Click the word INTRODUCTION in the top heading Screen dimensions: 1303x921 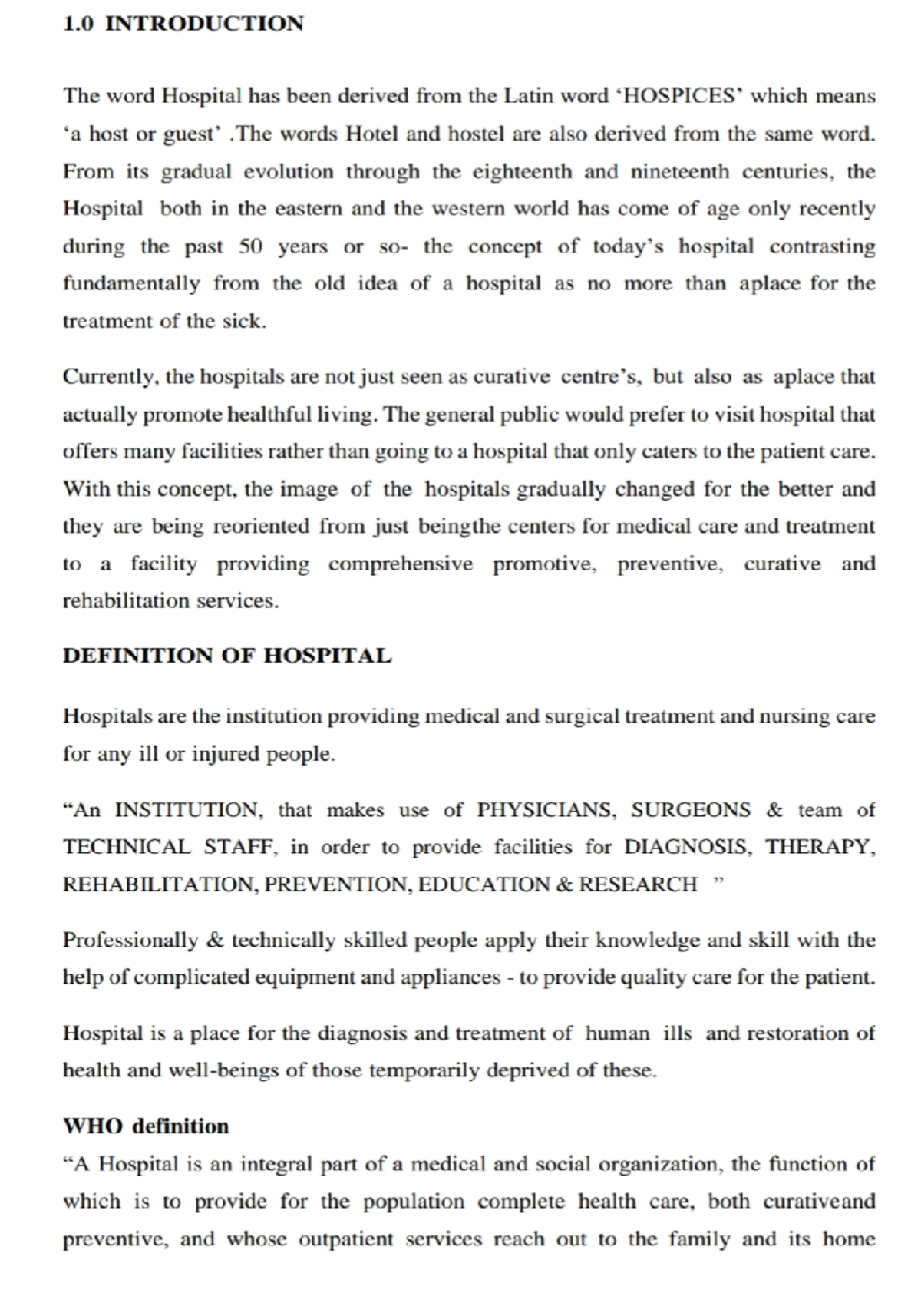(204, 24)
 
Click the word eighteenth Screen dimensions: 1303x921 (522, 171)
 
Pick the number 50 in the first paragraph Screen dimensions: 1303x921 (251, 246)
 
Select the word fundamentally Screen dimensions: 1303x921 (131, 284)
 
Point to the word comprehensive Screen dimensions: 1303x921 (401, 564)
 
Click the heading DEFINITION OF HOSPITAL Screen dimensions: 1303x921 (227, 656)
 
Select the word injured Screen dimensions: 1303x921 (226, 754)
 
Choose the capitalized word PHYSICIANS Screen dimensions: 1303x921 (546, 810)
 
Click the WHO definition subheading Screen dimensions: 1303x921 (146, 1126)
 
